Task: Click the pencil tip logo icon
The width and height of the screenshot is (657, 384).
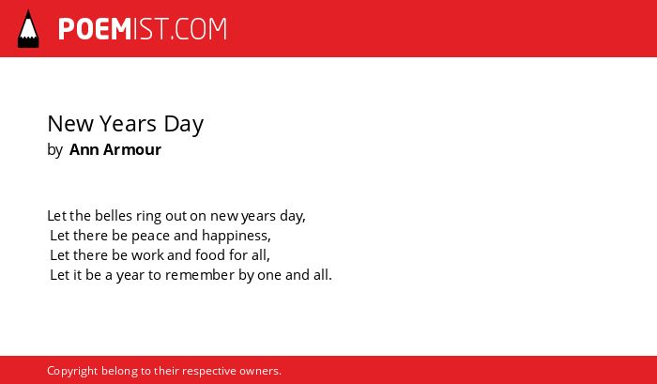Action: (x=28, y=29)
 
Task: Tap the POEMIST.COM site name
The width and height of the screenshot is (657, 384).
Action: (x=143, y=29)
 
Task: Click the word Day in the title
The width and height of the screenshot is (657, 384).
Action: (x=184, y=125)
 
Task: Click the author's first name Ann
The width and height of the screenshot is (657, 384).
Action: (x=84, y=149)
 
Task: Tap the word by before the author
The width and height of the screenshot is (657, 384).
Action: (x=54, y=150)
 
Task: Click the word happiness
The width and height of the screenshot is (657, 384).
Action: (x=237, y=236)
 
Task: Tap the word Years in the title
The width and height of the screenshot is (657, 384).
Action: (x=129, y=124)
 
